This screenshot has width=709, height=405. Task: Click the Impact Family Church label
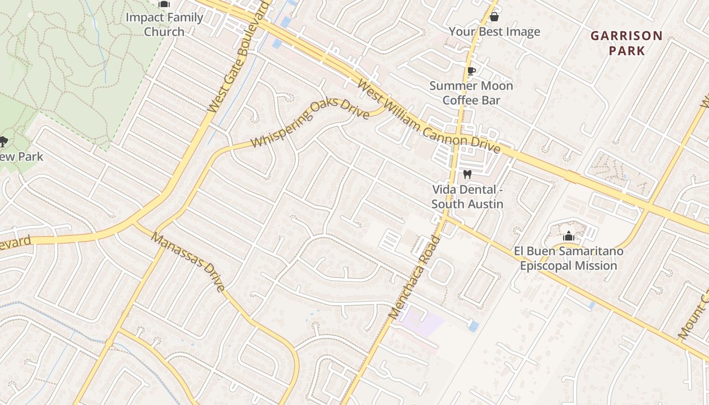164,24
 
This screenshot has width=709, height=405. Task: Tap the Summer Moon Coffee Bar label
471,93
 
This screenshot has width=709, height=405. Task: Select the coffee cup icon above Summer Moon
471,71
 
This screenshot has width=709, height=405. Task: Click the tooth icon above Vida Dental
467,175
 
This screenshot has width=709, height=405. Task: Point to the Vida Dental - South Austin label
467,196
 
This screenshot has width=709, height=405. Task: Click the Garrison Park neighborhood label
626,43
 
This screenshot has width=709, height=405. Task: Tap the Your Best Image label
494,32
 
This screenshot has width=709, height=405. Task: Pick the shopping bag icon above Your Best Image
494,17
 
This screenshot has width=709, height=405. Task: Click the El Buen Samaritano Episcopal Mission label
568,258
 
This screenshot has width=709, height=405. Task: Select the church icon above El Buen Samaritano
568,236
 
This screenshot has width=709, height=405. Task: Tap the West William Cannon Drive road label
428,116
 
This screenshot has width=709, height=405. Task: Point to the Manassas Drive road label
188,262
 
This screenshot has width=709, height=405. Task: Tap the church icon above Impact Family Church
164,4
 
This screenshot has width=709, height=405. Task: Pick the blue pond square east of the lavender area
474,326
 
